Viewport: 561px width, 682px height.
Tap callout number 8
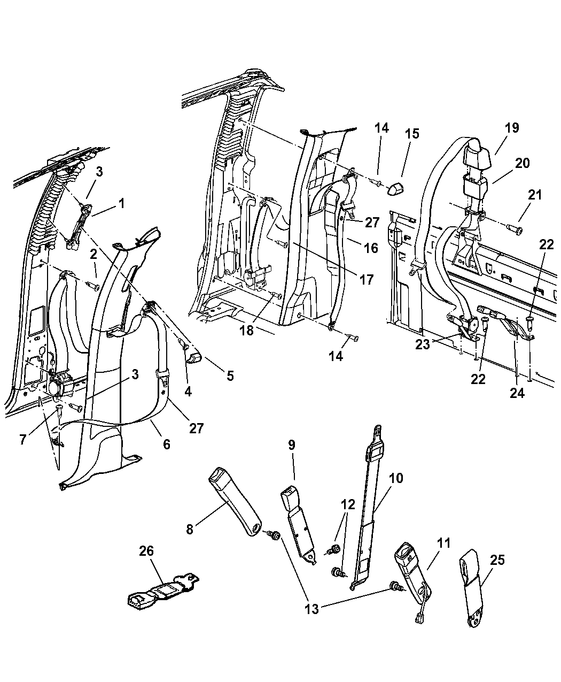(190, 530)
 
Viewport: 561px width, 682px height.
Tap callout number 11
(444, 543)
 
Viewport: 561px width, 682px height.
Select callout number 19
(512, 128)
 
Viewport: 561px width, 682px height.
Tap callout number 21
(536, 195)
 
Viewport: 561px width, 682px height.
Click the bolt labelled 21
(517, 230)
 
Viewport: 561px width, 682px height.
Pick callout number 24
(517, 393)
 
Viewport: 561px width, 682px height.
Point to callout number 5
(230, 376)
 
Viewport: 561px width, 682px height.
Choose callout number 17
(367, 279)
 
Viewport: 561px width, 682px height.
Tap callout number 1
(122, 203)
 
